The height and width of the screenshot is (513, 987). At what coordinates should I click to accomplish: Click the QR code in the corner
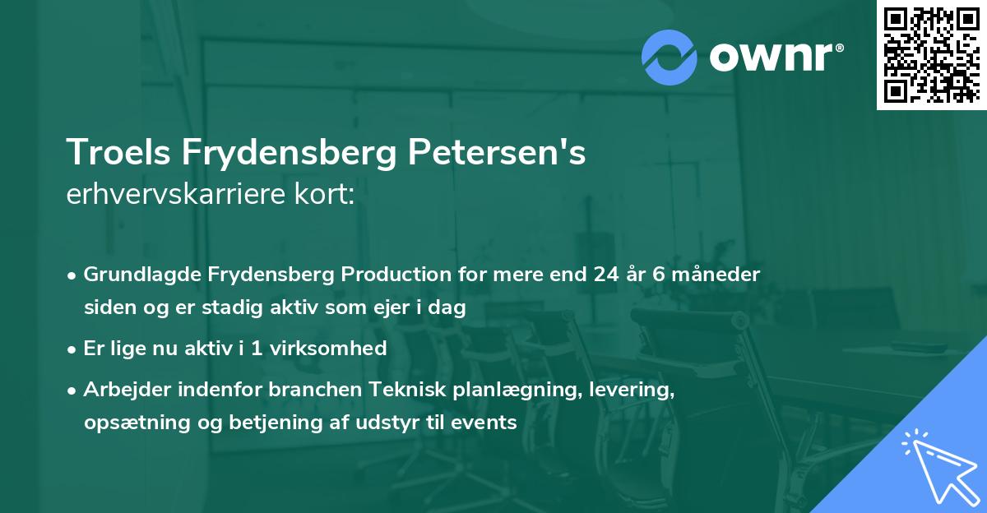931,54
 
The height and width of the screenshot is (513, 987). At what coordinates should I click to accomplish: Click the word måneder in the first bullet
720,275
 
